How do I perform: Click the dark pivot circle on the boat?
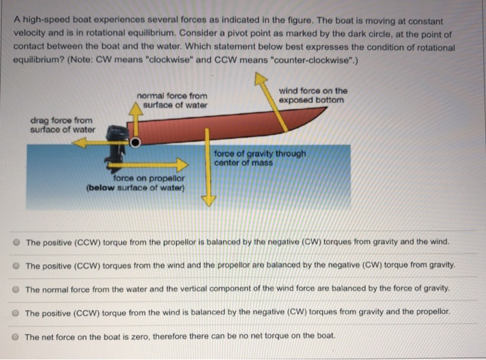136,142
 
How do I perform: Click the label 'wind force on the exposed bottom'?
312,95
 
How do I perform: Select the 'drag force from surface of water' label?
62,124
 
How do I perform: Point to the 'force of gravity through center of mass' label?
259,158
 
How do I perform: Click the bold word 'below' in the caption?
102,188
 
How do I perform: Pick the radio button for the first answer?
15,243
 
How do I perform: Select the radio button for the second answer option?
15,265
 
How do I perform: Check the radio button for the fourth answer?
15,313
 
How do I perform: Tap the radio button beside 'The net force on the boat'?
15,336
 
